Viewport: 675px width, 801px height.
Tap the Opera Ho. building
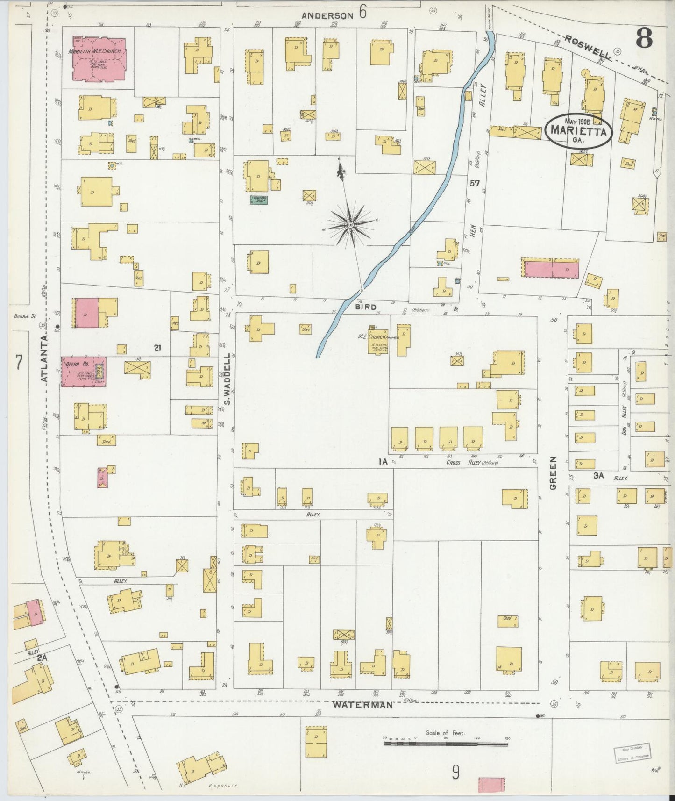pos(83,372)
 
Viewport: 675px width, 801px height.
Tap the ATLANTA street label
pos(44,358)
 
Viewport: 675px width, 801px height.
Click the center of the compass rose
pos(351,225)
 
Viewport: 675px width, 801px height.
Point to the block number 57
pos(475,184)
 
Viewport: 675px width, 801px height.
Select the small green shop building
pos(258,200)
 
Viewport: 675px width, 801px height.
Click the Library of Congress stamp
pos(632,752)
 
